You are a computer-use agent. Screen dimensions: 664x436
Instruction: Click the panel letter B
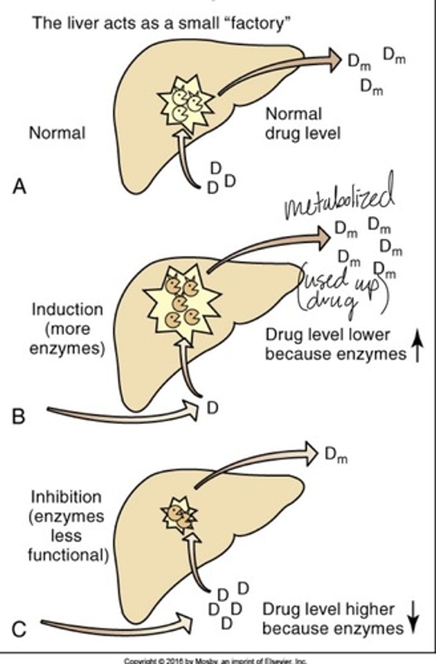click(x=19, y=415)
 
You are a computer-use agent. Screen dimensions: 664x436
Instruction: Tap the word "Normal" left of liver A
click(x=57, y=133)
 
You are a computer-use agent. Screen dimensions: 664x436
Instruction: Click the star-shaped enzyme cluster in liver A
click(x=186, y=103)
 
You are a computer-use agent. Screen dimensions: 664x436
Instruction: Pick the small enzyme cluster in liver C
click(x=178, y=515)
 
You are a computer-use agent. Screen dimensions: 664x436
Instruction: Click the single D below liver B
click(x=213, y=408)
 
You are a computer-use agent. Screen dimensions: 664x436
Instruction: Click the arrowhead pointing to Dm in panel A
click(x=334, y=60)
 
